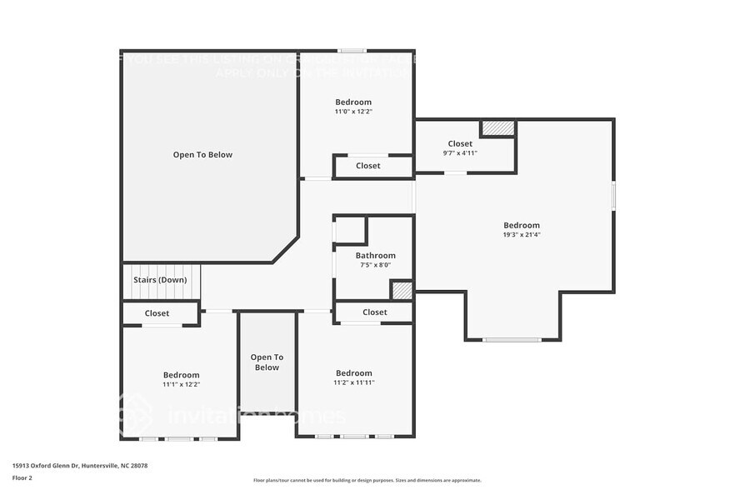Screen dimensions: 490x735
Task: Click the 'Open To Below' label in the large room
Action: click(202, 155)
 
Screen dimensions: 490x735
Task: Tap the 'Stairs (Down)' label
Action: click(160, 280)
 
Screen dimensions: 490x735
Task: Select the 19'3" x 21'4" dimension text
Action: click(522, 235)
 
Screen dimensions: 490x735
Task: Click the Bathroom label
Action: click(375, 256)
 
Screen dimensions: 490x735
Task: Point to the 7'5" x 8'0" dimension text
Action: click(375, 265)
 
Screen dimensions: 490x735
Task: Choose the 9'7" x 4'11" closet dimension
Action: click(460, 153)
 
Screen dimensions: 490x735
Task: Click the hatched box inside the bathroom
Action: click(402, 291)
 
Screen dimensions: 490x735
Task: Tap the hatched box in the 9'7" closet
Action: click(498, 128)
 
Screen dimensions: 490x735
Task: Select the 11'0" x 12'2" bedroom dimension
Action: click(353, 111)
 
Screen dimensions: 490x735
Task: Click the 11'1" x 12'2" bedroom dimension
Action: click(181, 384)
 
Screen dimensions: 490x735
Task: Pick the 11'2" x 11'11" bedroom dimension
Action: click(354, 382)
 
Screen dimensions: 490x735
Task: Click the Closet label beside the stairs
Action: click(157, 313)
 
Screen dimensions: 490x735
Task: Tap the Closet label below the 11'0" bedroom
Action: click(368, 166)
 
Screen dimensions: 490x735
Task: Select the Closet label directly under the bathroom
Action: click(375, 312)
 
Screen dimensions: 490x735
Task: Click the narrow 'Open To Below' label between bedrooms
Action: click(267, 362)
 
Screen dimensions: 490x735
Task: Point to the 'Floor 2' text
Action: click(22, 477)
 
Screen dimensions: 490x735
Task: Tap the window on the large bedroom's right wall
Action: click(614, 195)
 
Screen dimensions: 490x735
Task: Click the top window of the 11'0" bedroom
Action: click(351, 50)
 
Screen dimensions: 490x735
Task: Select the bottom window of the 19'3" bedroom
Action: click(512, 339)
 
